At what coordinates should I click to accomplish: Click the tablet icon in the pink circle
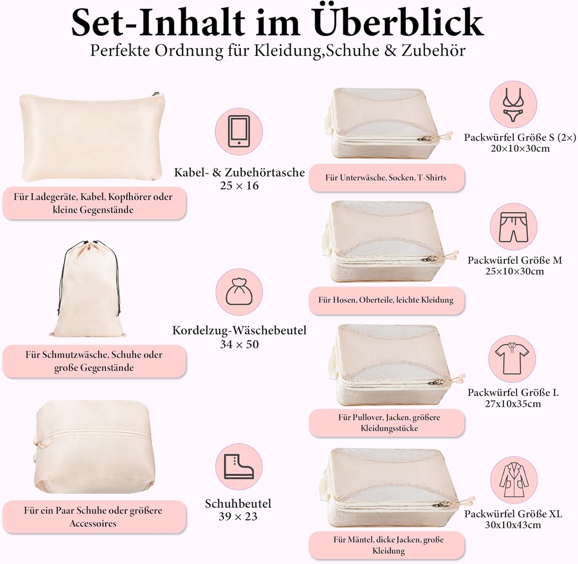tap(239, 131)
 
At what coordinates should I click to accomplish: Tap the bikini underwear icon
tap(513, 105)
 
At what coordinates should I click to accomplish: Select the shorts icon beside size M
tap(513, 227)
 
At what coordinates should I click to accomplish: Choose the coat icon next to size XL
tap(514, 480)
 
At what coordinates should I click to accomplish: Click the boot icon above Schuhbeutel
tap(239, 467)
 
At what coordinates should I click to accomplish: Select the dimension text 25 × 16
tap(239, 186)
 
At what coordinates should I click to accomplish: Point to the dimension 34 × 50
tap(239, 344)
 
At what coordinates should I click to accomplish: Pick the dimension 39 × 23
tap(238, 517)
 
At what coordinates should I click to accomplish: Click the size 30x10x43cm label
tap(513, 525)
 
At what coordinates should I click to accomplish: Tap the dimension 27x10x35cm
tap(513, 404)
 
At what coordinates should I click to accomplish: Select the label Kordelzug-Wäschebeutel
tap(239, 331)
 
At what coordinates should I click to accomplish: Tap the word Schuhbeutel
tap(238, 503)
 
